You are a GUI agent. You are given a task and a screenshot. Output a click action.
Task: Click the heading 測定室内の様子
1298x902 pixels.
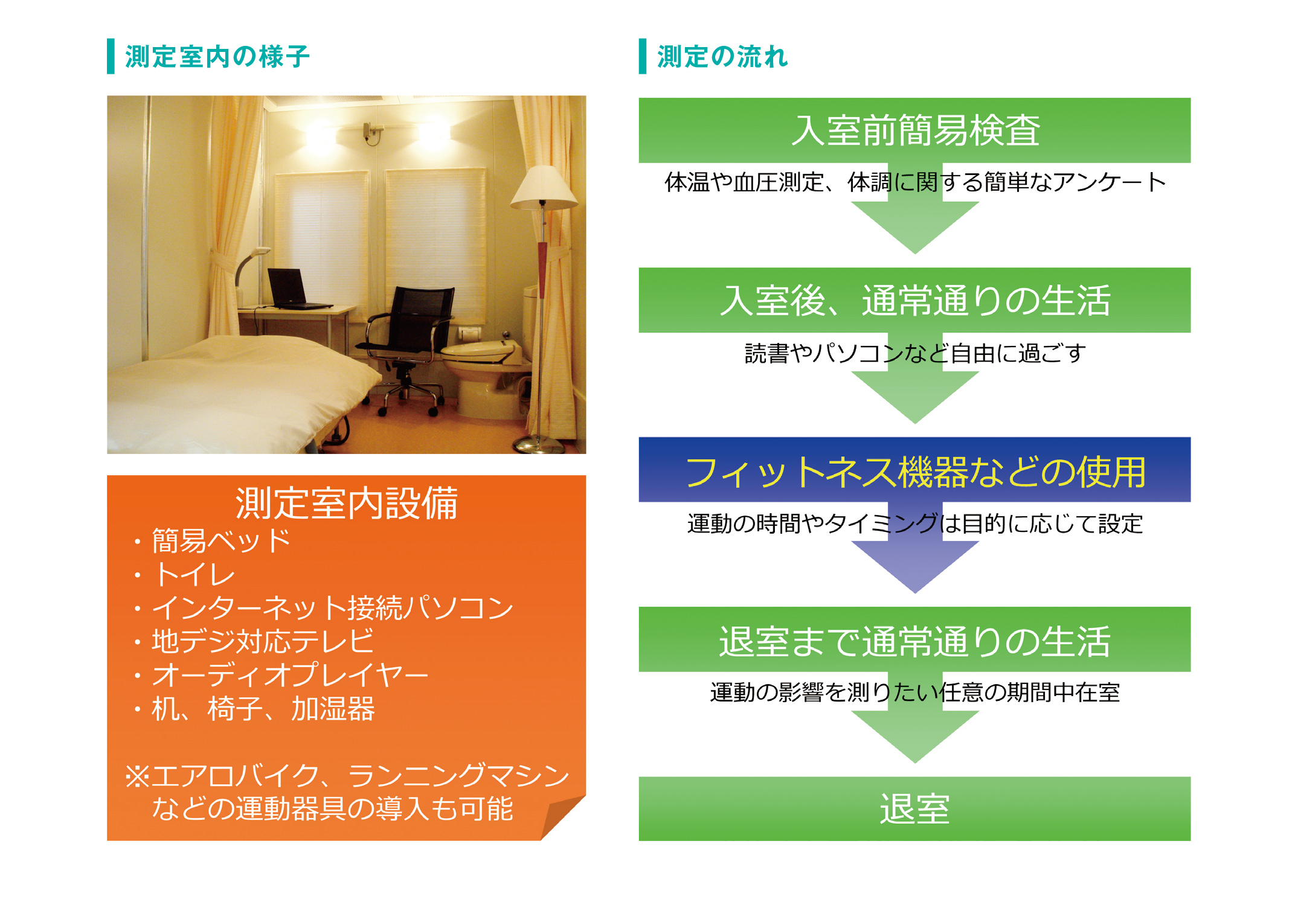[217, 57]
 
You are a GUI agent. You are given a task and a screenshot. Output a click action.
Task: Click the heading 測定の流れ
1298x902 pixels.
[722, 57]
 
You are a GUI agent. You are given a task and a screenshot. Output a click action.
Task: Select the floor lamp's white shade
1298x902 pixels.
[544, 187]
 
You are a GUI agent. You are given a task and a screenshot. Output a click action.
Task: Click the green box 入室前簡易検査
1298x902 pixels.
[914, 130]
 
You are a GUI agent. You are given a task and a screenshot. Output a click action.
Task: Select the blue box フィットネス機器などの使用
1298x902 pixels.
[914, 470]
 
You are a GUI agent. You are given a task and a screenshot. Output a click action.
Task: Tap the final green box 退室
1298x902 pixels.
[914, 809]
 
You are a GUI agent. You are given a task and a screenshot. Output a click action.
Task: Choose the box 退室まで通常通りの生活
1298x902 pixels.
[914, 639]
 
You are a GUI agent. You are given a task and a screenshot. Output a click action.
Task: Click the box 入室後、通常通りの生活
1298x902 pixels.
[914, 300]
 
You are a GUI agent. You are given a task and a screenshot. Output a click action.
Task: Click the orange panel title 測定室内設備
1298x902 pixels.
[347, 503]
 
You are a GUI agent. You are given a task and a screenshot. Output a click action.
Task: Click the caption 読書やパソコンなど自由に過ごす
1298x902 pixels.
[914, 353]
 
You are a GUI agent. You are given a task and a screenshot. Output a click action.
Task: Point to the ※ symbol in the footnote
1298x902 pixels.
[137, 776]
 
